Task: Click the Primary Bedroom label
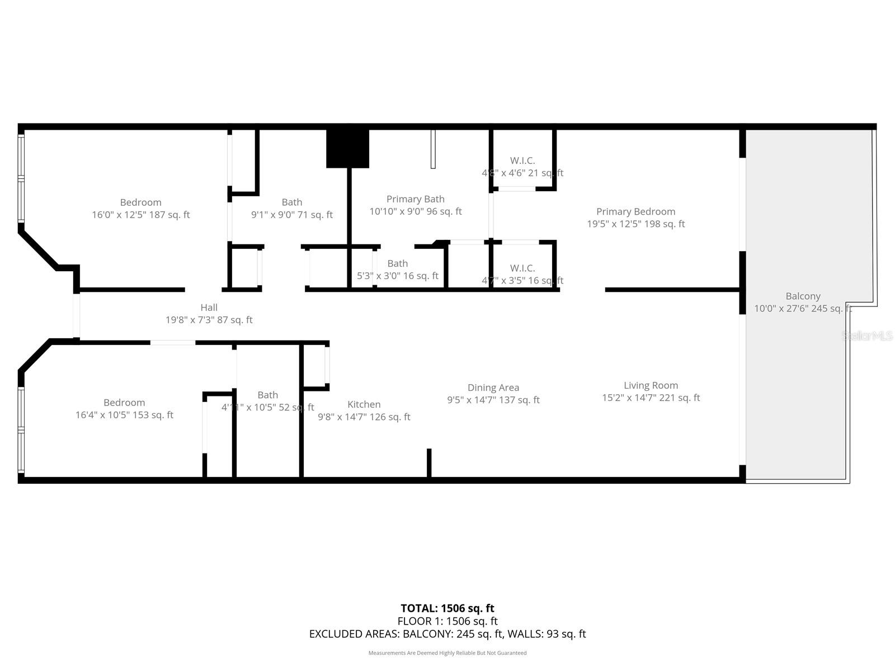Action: [635, 211]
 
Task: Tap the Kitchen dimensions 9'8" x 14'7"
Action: [364, 417]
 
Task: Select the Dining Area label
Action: [493, 388]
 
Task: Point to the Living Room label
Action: [651, 385]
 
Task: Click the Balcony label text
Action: [803, 296]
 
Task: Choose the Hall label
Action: [209, 308]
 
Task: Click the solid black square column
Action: [347, 148]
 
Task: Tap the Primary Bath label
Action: [415, 199]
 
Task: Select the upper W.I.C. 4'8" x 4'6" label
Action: [522, 161]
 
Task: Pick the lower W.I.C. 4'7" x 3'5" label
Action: [522, 268]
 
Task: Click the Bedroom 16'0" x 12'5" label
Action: [140, 202]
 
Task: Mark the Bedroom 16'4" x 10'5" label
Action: [124, 403]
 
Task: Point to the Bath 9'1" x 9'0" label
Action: [291, 202]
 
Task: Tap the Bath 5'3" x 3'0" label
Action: [397, 263]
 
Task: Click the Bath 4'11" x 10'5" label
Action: [267, 395]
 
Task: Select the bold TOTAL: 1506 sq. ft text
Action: [447, 608]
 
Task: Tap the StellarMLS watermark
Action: [868, 335]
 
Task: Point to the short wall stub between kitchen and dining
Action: [429, 462]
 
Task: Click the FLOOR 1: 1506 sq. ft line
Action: [447, 621]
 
